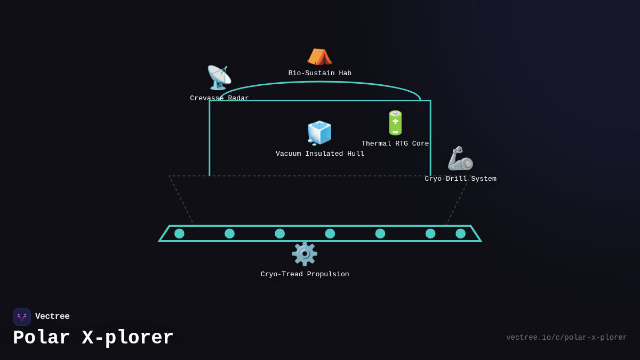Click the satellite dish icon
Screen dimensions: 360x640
219,78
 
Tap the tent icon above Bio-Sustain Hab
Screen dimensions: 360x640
319,56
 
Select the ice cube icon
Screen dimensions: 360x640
319,133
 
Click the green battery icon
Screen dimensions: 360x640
395,123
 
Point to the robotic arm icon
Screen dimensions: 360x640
460,158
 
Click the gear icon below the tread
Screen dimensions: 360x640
305,254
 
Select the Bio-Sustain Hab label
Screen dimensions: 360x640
320,74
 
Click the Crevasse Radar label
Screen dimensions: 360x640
219,99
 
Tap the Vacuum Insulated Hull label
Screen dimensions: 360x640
320,154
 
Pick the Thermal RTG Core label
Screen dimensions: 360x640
395,144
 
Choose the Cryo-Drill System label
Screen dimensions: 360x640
460,179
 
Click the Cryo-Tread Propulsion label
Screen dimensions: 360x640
305,275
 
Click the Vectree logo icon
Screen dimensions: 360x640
22,317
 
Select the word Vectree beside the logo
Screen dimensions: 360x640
52,317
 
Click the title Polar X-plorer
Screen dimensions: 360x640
93,338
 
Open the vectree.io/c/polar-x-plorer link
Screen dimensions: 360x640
566,338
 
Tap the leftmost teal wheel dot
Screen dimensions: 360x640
179,234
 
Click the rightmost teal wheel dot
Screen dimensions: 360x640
460,234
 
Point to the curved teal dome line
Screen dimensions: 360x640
320,82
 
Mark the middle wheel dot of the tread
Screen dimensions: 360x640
330,234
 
